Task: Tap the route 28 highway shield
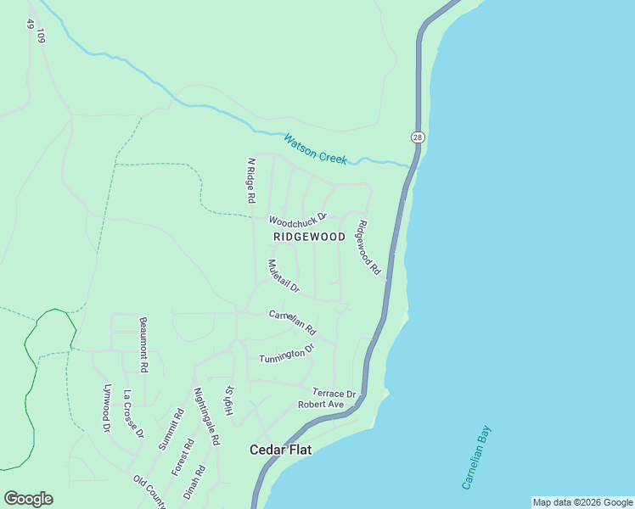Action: (417, 137)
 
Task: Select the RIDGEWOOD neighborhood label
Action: (309, 237)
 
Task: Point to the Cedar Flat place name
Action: (280, 450)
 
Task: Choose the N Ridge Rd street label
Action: (250, 180)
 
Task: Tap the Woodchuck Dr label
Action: (298, 220)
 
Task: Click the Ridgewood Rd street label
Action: (368, 248)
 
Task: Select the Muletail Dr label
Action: (284, 276)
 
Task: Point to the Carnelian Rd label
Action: (292, 322)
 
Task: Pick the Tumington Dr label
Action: (287, 352)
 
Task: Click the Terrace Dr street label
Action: (334, 394)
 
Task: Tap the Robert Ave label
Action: (320, 405)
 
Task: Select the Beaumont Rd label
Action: (143, 345)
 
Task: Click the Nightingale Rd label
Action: (206, 417)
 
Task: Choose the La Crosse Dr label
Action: (133, 413)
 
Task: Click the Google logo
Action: (29, 499)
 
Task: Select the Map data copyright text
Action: (582, 502)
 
